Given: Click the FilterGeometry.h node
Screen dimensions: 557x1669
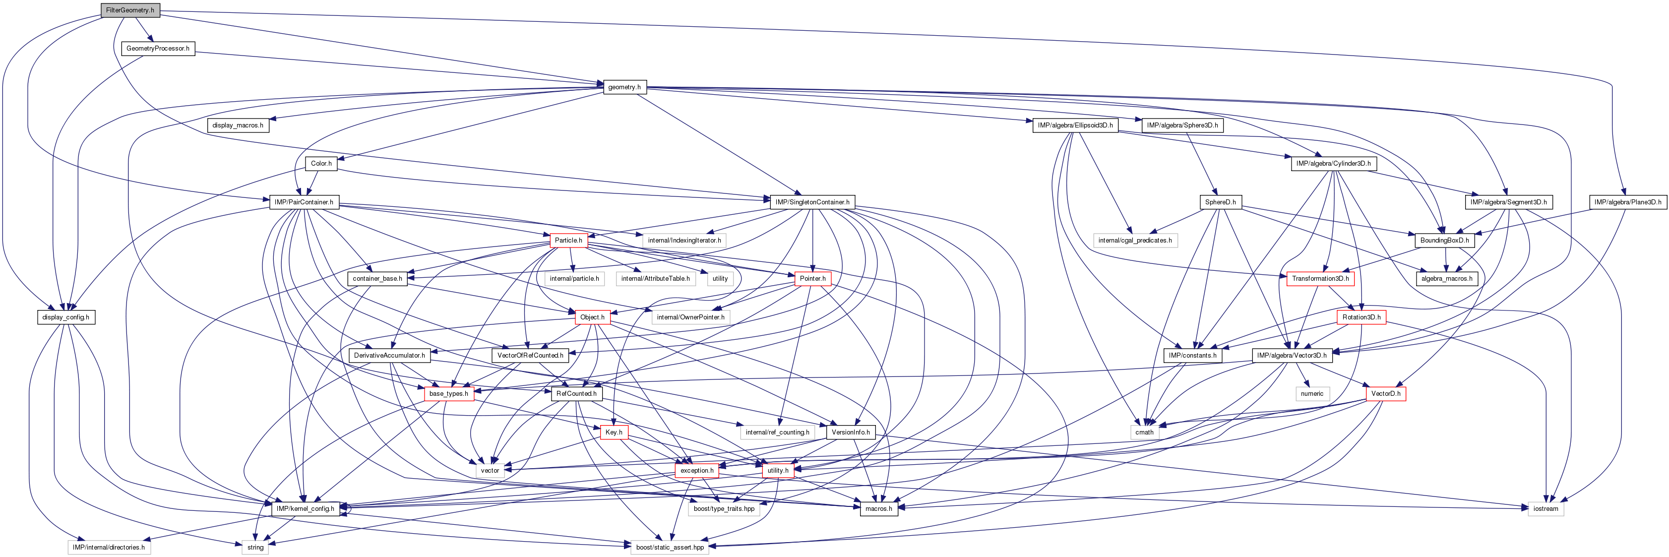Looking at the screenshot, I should (129, 10).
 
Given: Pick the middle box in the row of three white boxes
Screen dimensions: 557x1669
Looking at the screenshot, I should (656, 279).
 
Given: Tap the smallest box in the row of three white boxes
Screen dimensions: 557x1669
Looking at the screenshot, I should (720, 279).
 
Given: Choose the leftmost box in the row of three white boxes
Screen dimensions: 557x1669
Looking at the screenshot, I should (574, 279).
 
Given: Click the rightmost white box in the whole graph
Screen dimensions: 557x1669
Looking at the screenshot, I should (1545, 509).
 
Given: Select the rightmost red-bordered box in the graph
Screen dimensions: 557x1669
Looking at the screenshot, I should (1386, 394).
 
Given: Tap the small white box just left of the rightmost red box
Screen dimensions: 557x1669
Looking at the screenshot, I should (1312, 394).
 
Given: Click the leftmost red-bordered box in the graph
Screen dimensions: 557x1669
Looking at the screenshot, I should (449, 394).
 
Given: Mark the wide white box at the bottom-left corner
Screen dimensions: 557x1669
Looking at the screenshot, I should (109, 547).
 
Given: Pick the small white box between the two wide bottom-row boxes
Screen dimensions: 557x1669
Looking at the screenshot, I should (254, 547).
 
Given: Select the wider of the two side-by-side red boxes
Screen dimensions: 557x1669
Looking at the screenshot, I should (696, 471).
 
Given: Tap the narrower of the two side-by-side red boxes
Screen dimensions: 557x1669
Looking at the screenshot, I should (778, 471).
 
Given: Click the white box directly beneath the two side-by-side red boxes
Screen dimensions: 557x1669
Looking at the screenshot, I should (724, 509).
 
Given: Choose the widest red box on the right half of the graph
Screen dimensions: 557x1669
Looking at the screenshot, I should (1320, 279).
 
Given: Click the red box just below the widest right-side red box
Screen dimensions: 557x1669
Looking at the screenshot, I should (1361, 317).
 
